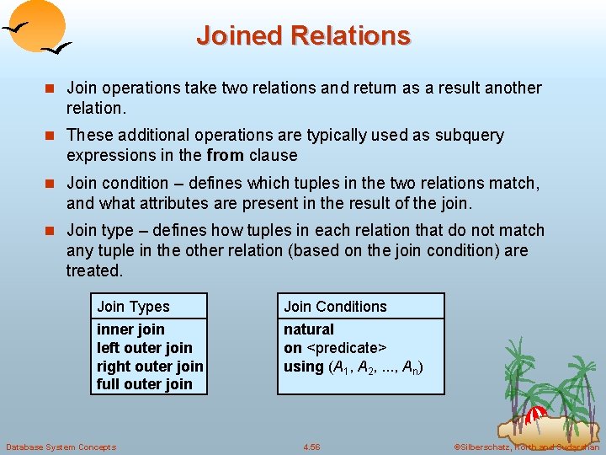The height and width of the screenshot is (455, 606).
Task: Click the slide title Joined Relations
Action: point(303,35)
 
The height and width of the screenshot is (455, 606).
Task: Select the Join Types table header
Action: point(133,307)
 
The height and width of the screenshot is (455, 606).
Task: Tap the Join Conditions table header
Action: point(335,307)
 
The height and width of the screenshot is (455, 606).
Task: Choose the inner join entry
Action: point(130,329)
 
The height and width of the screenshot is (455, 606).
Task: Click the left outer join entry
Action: point(144,348)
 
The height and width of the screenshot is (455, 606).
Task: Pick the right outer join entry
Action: point(150,367)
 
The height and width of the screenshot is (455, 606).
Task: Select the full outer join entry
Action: point(144,384)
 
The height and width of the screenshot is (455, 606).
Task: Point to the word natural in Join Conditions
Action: point(308,329)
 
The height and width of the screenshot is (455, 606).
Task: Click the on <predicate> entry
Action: point(334,348)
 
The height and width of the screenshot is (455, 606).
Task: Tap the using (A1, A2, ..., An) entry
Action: point(353,367)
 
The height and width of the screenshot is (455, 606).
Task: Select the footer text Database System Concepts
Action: point(61,447)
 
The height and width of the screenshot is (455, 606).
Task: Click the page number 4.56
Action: point(311,447)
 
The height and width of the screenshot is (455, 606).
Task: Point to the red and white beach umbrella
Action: point(536,415)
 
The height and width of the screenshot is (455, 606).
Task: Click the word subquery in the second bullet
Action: point(470,136)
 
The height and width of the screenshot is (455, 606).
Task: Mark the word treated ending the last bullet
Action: point(93,270)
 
